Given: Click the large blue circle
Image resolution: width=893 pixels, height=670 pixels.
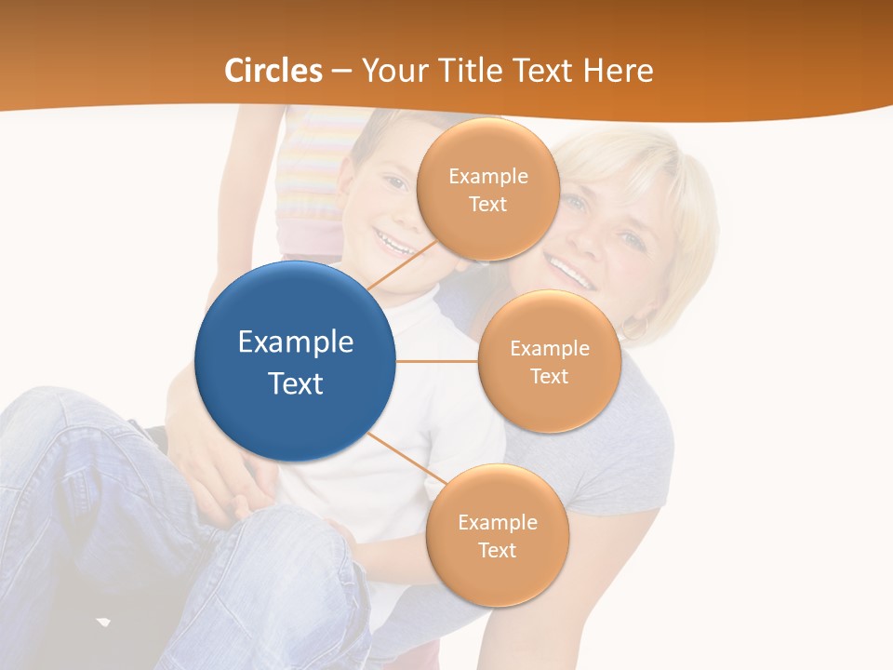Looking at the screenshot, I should tap(295, 361).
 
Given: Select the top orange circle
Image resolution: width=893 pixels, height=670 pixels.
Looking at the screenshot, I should tap(487, 189).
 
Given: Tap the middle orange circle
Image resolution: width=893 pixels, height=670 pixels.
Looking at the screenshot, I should tap(549, 361).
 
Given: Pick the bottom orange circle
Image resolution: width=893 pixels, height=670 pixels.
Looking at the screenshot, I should tap(497, 535).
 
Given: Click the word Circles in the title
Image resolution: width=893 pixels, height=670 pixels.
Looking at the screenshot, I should tap(273, 71).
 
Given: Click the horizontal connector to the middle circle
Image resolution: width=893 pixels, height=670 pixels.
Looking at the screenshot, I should tap(436, 361).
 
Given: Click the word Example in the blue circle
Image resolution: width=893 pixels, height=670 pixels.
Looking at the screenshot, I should tap(296, 342).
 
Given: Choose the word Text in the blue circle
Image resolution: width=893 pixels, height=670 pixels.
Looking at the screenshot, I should tap(296, 383).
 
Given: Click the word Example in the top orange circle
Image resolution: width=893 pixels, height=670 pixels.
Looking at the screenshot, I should tap(488, 176).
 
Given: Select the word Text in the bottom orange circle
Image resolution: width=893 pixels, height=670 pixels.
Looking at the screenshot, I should tap(497, 550).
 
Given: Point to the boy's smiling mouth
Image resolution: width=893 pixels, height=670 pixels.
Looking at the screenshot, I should tap(393, 245).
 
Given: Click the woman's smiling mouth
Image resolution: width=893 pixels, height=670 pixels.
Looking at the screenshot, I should tap(569, 272).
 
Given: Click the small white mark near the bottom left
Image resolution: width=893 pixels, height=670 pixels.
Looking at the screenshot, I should tap(103, 621).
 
